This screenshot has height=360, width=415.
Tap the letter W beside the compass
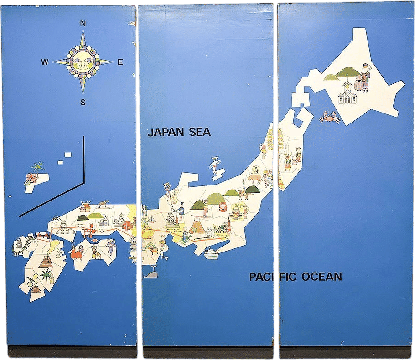pos(45,63)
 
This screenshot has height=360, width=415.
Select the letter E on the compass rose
pos(120,63)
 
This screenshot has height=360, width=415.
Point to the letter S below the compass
pos(83,102)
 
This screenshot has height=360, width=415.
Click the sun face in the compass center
pos(83,62)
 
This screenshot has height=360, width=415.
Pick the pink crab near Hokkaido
pos(329,118)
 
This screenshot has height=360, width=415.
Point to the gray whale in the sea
pos(150,274)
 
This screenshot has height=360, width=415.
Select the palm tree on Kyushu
pos(47,275)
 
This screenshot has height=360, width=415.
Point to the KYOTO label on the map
pos(147,232)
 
